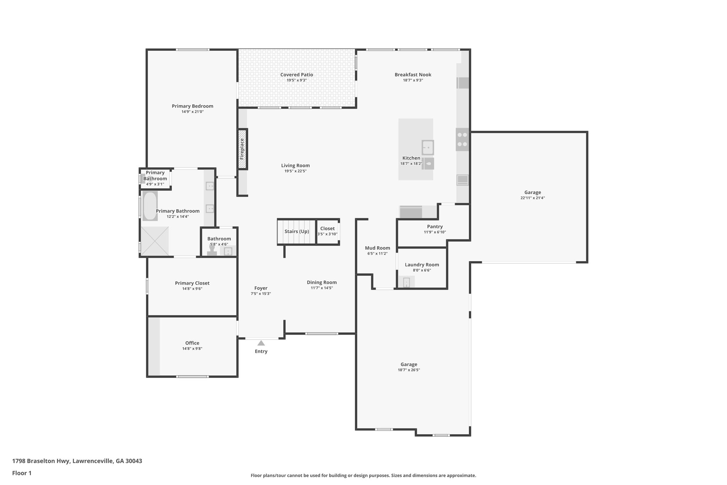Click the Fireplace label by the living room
[x=242, y=149]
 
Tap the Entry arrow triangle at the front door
[x=261, y=343]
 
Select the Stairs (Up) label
[x=296, y=232]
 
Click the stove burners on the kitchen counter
[x=462, y=140]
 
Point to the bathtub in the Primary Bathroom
[x=150, y=206]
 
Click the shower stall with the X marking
[x=154, y=241]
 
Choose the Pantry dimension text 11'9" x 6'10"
[x=434, y=232]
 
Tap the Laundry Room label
[x=422, y=265]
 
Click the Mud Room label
[x=377, y=248]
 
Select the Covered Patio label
[x=296, y=75]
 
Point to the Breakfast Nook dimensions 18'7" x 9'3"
[x=412, y=80]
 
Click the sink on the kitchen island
[x=428, y=147]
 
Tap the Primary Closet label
[x=192, y=283]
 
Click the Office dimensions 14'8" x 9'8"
[x=192, y=349]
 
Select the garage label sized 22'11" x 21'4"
[x=532, y=193]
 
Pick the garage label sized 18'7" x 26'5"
[x=409, y=365]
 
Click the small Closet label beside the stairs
[x=327, y=229]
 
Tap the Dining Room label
[x=322, y=282]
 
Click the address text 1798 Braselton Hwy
[x=77, y=461]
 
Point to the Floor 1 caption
[x=22, y=473]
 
